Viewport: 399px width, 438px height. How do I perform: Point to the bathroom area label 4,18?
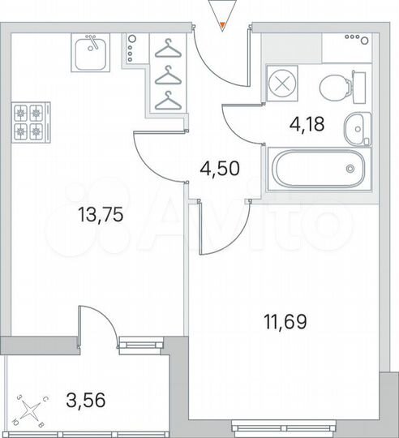[309, 124]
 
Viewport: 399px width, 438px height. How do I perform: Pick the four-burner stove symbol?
[30, 121]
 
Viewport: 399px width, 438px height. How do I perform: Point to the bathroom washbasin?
[358, 127]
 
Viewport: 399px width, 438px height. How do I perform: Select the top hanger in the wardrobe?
[166, 48]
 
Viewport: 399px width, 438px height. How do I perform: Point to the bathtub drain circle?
[350, 170]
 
